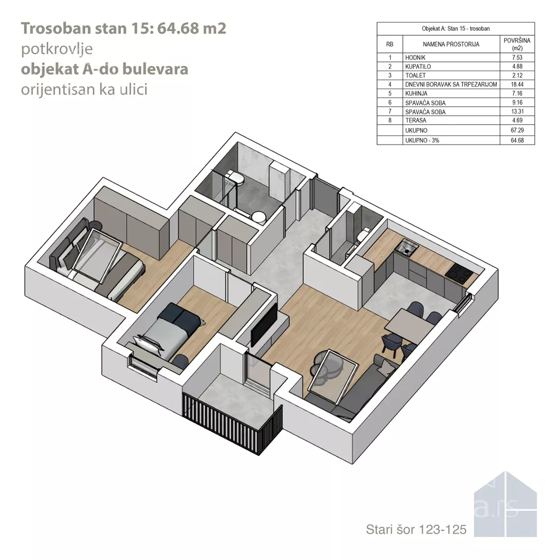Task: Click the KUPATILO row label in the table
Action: [x=418, y=66]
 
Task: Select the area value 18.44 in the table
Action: [x=517, y=85]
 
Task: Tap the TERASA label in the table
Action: [x=416, y=120]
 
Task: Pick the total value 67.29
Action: [x=517, y=130]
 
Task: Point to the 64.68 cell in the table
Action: [x=517, y=141]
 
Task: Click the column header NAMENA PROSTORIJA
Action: [x=451, y=44]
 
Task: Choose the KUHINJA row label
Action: [x=416, y=93]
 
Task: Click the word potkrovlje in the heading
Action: [x=57, y=49]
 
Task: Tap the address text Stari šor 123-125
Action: [x=416, y=529]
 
